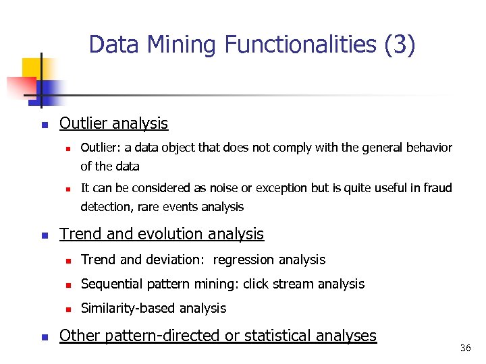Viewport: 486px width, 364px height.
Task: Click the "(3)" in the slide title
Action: pyautogui.click(x=400, y=45)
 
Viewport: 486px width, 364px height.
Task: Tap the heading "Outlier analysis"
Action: pyautogui.click(x=113, y=123)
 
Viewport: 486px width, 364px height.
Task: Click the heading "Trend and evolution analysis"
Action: pyautogui.click(x=161, y=234)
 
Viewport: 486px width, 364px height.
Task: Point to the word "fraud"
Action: pyautogui.click(x=436, y=187)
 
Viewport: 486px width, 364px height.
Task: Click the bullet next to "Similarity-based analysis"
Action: pyautogui.click(x=68, y=309)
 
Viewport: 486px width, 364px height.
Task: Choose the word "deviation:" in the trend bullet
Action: pyautogui.click(x=174, y=260)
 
